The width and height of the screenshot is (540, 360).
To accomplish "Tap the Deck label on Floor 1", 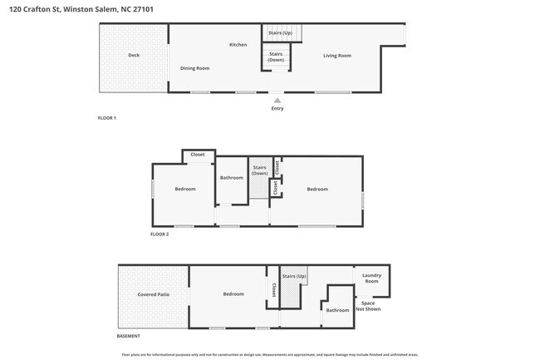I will pyautogui.click(x=134, y=56).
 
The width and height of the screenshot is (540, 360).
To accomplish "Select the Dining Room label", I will pyautogui.click(x=194, y=68).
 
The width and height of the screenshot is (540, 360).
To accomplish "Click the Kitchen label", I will pyautogui.click(x=238, y=44).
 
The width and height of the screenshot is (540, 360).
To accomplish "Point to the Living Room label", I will pyautogui.click(x=337, y=56).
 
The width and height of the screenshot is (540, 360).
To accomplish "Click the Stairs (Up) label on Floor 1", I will pyautogui.click(x=281, y=32).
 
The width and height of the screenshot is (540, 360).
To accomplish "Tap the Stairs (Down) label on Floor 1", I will pyautogui.click(x=276, y=57).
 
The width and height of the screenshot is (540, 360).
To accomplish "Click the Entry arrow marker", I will pyautogui.click(x=277, y=100).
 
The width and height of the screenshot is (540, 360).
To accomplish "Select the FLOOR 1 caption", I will pyautogui.click(x=107, y=118).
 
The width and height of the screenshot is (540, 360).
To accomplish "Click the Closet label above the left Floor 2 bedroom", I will pyautogui.click(x=198, y=155).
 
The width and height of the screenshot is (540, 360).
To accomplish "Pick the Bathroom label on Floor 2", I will pyautogui.click(x=232, y=177).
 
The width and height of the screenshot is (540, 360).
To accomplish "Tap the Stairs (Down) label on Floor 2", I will pyautogui.click(x=259, y=170).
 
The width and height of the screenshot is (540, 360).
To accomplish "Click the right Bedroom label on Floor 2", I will pyautogui.click(x=317, y=189).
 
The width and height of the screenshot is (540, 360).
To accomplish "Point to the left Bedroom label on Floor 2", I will pyautogui.click(x=185, y=189).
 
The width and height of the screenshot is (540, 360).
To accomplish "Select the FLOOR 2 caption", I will pyautogui.click(x=160, y=234).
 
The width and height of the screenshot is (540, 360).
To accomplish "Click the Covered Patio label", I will pyautogui.click(x=154, y=294).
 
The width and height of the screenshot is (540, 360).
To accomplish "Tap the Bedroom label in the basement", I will pyautogui.click(x=233, y=293).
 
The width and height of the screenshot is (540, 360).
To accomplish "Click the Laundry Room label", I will pyautogui.click(x=371, y=279).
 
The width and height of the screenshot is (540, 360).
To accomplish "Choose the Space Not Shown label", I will pyautogui.click(x=368, y=306).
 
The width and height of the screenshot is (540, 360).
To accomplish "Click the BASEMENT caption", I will pyautogui.click(x=128, y=336).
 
